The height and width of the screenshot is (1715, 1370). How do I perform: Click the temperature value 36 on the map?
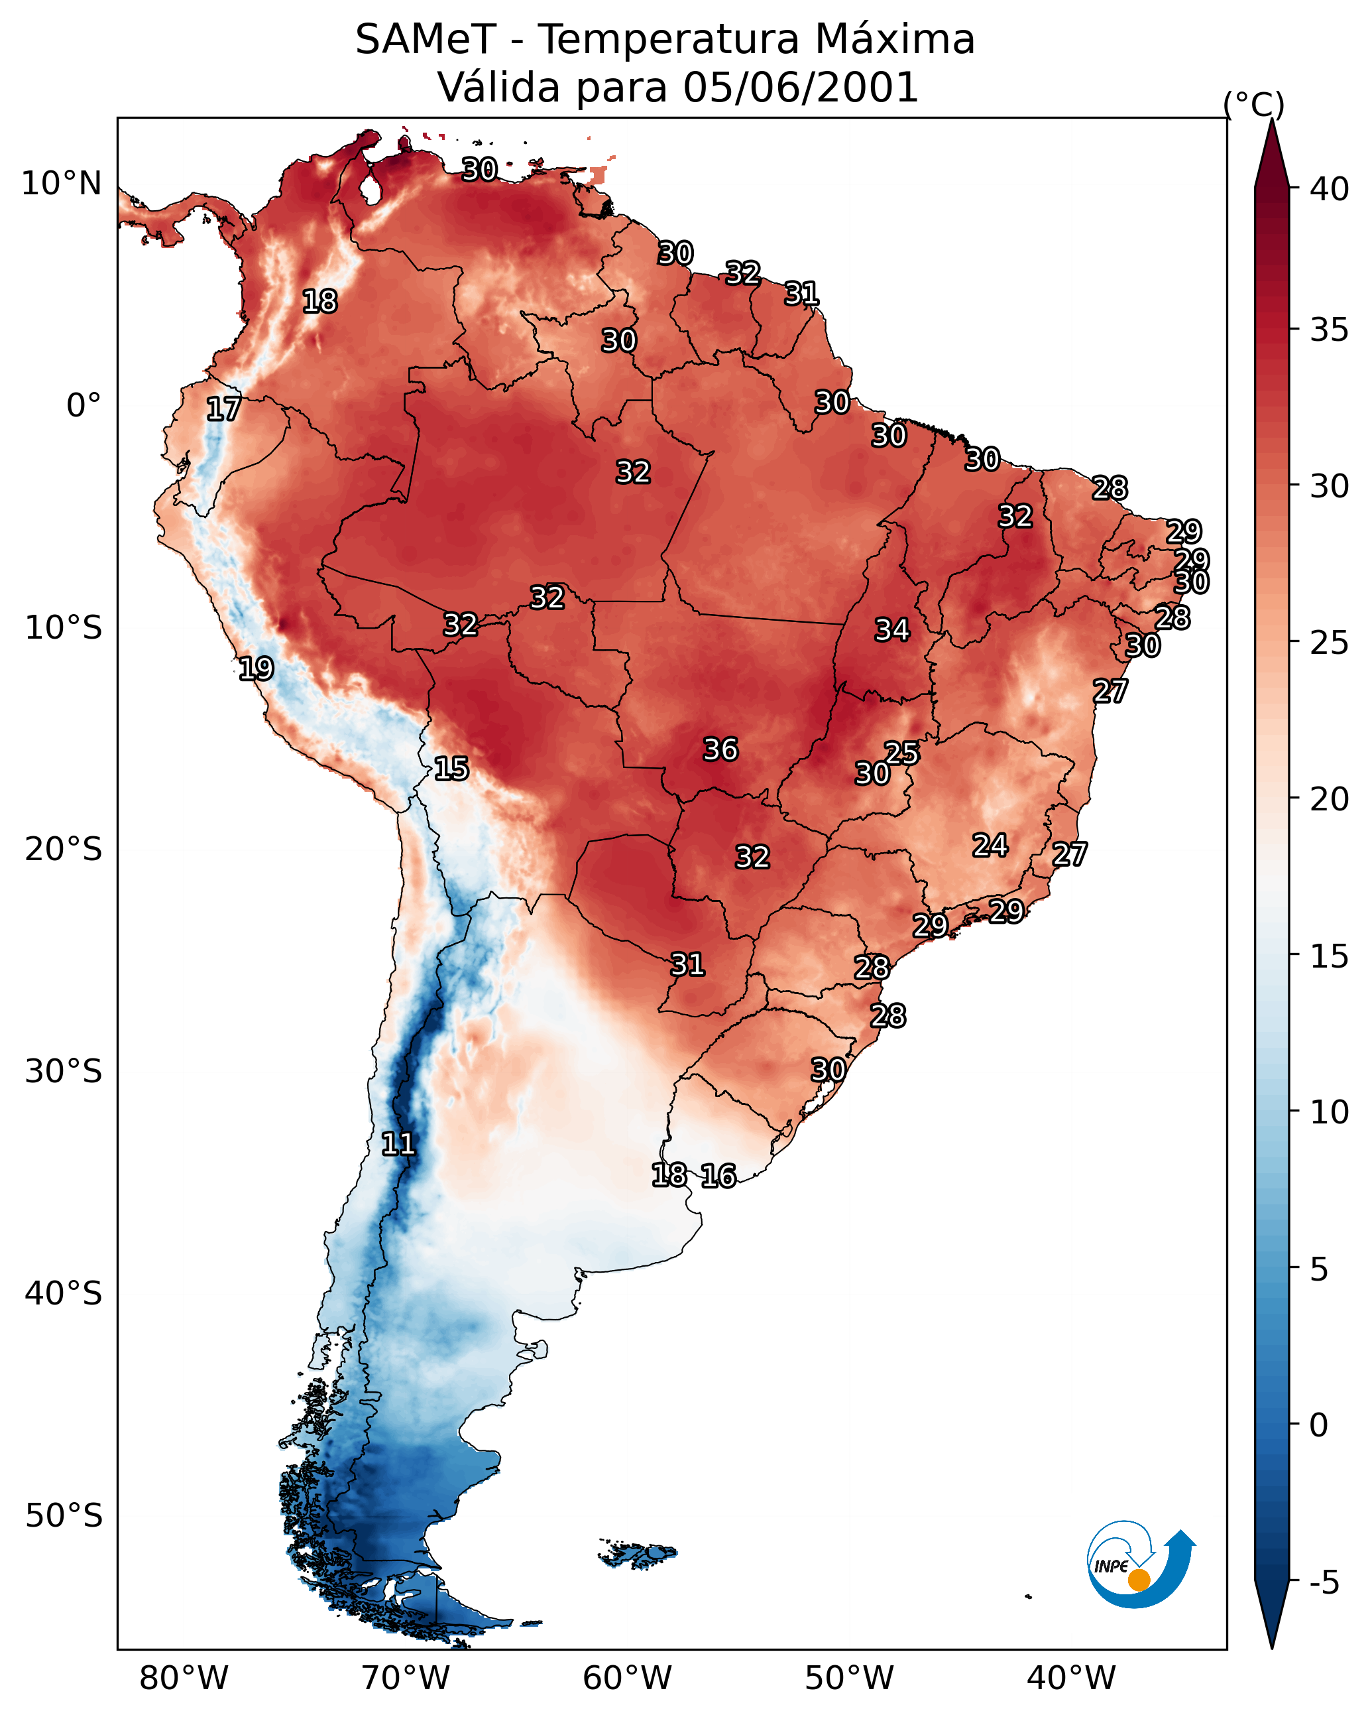tap(720, 749)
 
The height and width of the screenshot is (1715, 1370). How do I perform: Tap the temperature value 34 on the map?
tap(892, 630)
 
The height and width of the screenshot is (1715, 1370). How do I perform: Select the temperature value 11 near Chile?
tap(398, 1144)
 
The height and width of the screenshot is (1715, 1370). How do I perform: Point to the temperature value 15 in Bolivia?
tap(451, 769)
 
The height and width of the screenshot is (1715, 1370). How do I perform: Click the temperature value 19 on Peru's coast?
tap(256, 668)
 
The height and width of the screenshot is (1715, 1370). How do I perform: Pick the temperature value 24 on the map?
tap(990, 845)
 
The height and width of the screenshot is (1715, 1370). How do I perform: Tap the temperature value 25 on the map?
tap(901, 753)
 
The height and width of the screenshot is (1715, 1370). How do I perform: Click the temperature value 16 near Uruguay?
tap(718, 1176)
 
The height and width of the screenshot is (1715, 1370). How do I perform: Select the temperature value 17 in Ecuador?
tap(223, 409)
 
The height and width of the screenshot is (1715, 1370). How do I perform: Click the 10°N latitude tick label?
tap(61, 184)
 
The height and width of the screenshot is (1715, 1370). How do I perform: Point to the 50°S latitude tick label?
tap(64, 1516)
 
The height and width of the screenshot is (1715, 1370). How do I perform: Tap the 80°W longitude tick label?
tap(184, 1679)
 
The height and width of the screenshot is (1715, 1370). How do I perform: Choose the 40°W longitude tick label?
tap(1071, 1679)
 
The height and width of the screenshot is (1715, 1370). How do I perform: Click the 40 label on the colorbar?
tap(1330, 189)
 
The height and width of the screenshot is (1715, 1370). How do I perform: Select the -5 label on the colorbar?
tap(1324, 1583)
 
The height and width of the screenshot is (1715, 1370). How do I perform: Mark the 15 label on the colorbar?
tap(1330, 956)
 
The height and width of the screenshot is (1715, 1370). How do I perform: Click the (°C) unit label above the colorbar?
tap(1253, 104)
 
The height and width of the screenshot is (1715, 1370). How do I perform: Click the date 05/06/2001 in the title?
tap(801, 87)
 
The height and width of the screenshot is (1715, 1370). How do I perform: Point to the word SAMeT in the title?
tap(426, 39)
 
